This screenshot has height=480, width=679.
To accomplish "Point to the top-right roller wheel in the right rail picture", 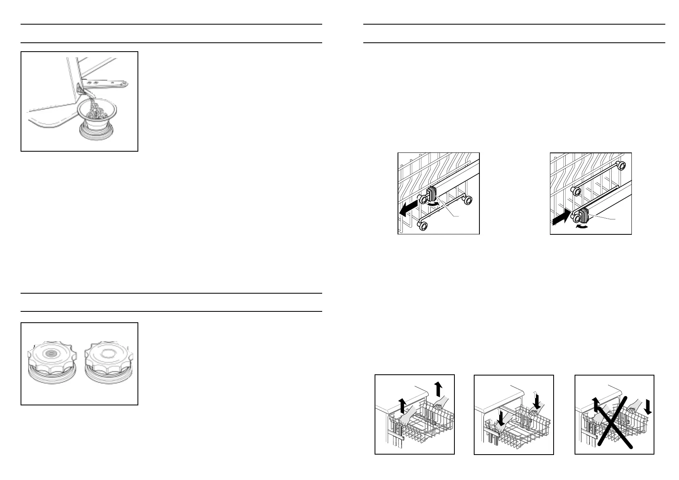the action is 621,165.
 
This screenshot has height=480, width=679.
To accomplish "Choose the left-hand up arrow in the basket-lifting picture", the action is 402,405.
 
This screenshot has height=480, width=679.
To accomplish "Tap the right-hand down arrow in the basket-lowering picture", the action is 536,399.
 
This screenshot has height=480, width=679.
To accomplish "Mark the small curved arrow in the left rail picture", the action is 433,205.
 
